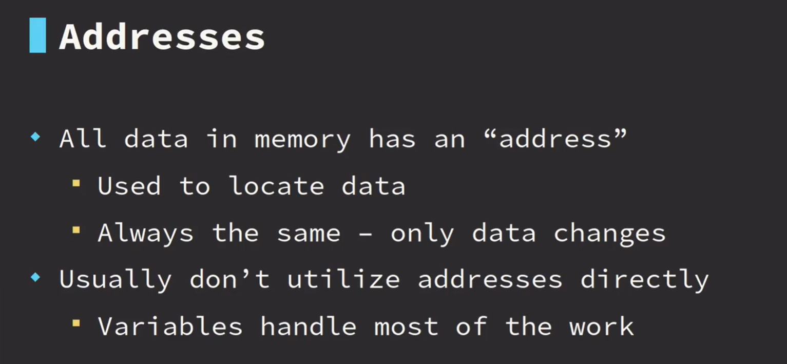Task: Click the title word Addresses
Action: tap(162, 36)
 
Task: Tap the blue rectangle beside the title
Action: tap(37, 35)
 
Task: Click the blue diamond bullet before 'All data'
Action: tap(35, 137)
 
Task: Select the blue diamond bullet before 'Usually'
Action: tap(35, 277)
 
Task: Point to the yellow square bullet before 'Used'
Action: tap(76, 183)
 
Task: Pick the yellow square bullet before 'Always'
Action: tap(76, 230)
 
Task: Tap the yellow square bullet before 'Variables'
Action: tap(76, 323)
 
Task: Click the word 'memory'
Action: tap(302, 140)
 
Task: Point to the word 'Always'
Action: tap(145, 234)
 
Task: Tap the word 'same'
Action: tap(309, 233)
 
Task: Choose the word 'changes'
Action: tap(609, 234)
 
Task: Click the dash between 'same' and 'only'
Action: tap(366, 233)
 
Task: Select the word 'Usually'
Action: tap(116, 280)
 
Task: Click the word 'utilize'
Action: tap(343, 279)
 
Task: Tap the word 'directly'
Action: tap(644, 280)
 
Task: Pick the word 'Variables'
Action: tap(170, 325)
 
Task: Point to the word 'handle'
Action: tap(309, 325)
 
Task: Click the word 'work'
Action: tap(602, 325)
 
